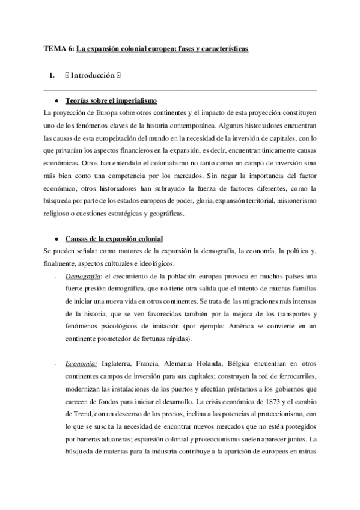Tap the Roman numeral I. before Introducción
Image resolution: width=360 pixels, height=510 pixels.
[x=52, y=76]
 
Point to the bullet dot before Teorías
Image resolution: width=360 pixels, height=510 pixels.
[x=55, y=100]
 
